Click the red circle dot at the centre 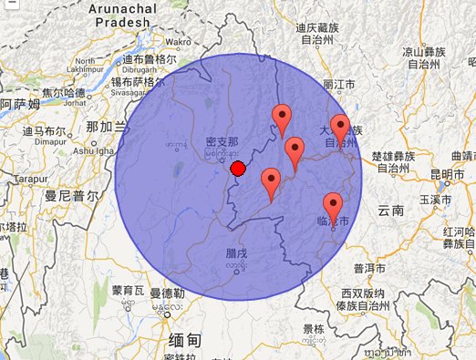click(x=238, y=169)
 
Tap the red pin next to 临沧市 click(x=333, y=207)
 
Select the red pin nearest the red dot click(x=270, y=182)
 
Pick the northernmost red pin click(x=283, y=118)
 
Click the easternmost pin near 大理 click(x=340, y=129)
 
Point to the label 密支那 click(x=222, y=142)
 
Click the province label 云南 click(x=390, y=211)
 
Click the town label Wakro click(x=177, y=42)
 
